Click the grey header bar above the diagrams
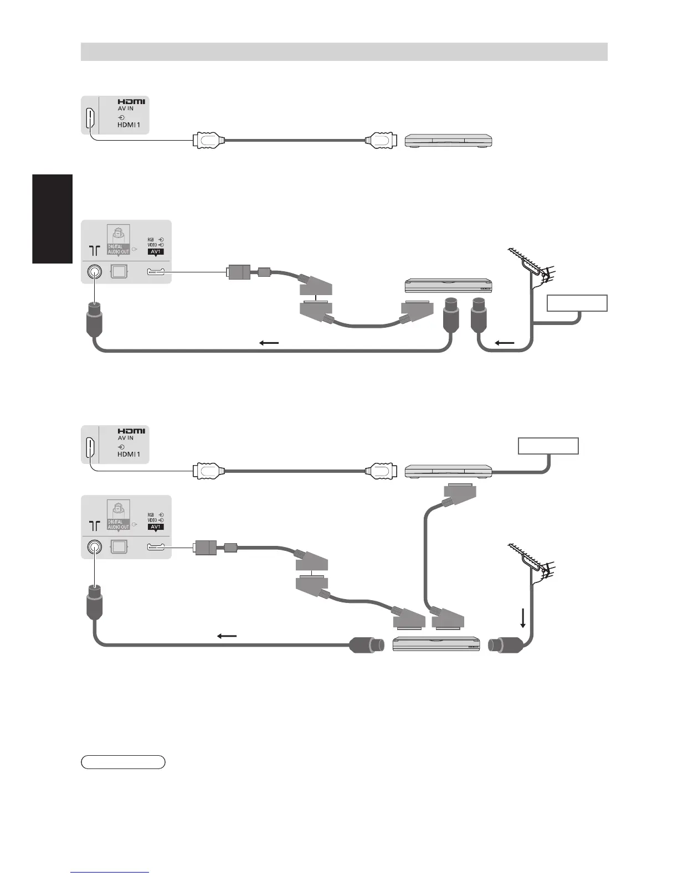[x=344, y=51]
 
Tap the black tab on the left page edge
[x=53, y=219]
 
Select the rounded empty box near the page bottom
[x=123, y=762]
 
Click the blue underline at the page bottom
[x=110, y=872]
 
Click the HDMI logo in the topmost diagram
[x=131, y=102]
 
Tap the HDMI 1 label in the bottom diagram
[x=129, y=455]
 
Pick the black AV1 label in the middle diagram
[x=156, y=251]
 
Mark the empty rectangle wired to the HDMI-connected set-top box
[x=548, y=446]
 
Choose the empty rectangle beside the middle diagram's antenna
[x=577, y=303]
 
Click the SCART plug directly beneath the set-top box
[x=460, y=492]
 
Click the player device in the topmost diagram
[x=449, y=141]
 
